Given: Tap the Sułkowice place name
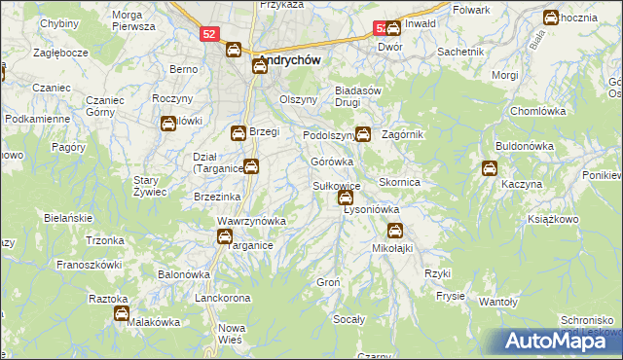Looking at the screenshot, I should point(337,185).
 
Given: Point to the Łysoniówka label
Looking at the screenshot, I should point(372,209).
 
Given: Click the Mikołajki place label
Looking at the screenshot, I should point(393,248).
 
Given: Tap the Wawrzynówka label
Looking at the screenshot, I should point(251,221).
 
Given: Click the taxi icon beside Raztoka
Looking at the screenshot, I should point(122,313).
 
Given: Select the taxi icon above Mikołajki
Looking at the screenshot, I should point(394,231).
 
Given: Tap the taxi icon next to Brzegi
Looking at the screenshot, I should point(238,132).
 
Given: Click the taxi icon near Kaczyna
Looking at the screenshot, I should point(488,168).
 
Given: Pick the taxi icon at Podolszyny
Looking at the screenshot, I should point(363,133).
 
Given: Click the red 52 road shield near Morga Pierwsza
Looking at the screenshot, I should point(208,34).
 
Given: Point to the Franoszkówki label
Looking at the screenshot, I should point(89,264).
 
